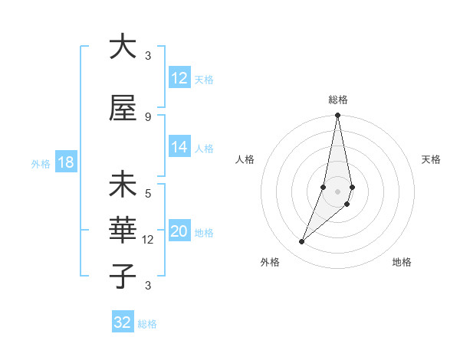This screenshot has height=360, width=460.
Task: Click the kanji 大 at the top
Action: tap(123, 47)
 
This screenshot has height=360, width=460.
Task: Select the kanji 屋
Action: tap(123, 108)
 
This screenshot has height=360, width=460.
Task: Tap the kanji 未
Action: tap(123, 185)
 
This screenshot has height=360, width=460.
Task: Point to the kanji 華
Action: tap(123, 229)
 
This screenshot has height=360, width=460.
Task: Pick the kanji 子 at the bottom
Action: tap(123, 275)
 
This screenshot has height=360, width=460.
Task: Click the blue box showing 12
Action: tap(179, 78)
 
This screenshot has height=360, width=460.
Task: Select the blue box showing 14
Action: tap(179, 147)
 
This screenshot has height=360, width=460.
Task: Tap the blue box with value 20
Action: tap(179, 232)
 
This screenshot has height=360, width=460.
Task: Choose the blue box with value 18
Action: tap(65, 163)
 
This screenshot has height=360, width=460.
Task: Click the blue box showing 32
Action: tap(123, 322)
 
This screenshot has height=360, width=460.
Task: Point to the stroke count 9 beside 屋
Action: tap(148, 116)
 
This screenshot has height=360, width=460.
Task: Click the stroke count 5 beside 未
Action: tap(148, 194)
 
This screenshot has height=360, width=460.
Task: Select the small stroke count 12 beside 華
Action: tap(149, 240)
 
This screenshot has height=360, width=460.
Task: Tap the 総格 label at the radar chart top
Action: tap(338, 100)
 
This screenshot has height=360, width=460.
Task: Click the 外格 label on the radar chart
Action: tap(270, 262)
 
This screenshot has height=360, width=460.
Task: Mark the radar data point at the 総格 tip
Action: tap(337, 116)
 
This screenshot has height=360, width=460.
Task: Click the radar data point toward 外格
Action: tap(302, 242)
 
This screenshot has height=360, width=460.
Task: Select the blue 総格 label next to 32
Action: tap(148, 324)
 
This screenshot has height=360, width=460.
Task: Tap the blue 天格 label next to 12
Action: tap(204, 79)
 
